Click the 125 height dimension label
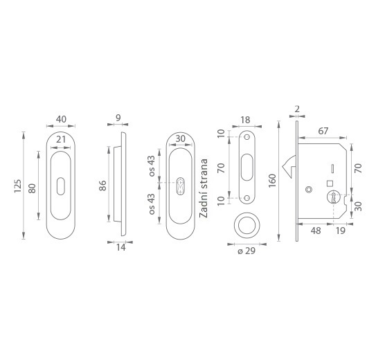tap(18, 186)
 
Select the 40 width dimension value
tap(61, 119)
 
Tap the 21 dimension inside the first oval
tap(61, 139)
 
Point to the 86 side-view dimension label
tap(102, 186)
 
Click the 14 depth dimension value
tap(121, 248)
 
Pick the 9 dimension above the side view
tap(118, 118)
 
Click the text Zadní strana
tap(204, 188)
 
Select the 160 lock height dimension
tap(272, 181)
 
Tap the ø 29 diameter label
tap(247, 251)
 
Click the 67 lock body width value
tap(323, 131)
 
